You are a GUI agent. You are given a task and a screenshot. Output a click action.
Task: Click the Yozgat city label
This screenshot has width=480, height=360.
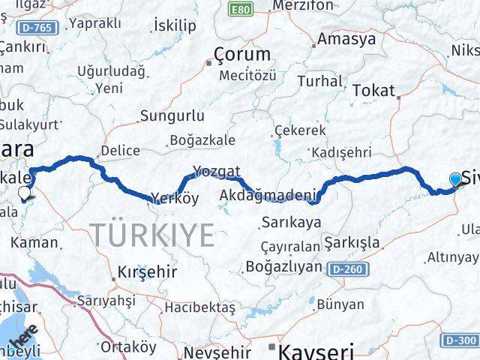pyautogui.click(x=216, y=169)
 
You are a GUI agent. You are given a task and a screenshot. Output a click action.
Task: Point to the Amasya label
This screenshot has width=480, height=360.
pyautogui.click(x=346, y=40)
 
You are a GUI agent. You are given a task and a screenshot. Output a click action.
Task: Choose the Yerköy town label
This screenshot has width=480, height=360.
pyautogui.click(x=174, y=199)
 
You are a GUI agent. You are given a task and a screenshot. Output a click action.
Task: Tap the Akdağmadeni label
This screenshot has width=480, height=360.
pyautogui.click(x=266, y=196)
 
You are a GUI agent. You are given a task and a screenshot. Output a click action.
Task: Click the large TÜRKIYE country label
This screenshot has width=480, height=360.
pyautogui.click(x=154, y=234)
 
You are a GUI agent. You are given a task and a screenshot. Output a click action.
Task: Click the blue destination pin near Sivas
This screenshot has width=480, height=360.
pyautogui.click(x=455, y=178)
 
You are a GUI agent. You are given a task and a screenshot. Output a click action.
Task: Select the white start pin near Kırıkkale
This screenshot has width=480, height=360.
pyautogui.click(x=25, y=193)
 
